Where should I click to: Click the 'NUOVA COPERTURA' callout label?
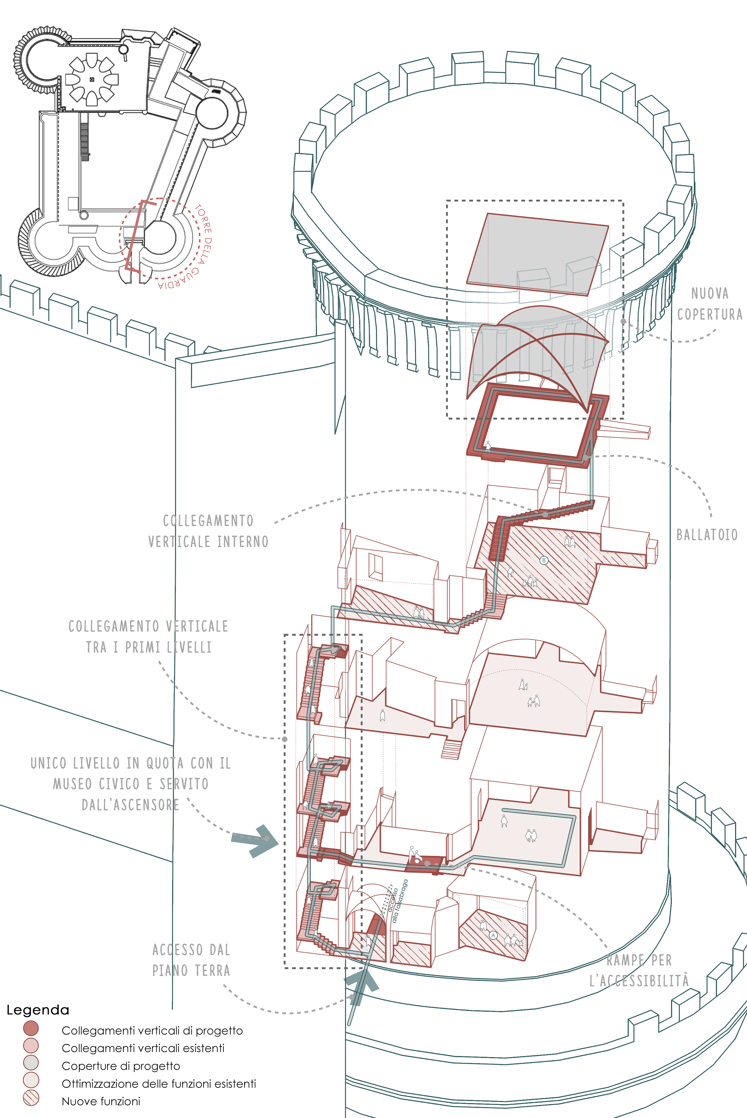tap(709, 304)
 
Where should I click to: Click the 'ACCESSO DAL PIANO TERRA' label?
tap(191, 960)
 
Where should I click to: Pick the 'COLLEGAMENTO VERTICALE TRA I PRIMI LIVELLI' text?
tap(148, 637)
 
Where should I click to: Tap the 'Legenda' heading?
tap(38, 1010)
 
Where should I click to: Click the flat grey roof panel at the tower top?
tap(537, 254)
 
